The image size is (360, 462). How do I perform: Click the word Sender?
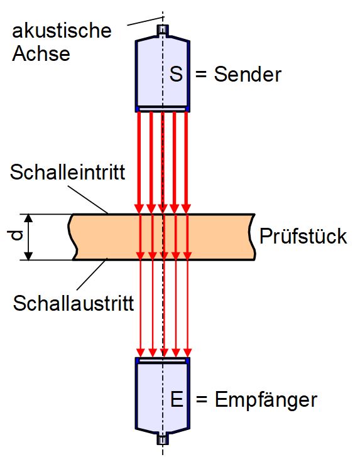point(248,74)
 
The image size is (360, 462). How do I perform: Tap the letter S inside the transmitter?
point(177,74)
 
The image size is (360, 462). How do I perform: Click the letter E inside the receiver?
point(177,399)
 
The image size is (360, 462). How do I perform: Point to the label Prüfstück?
point(303,236)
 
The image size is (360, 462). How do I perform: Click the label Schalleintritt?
point(67,172)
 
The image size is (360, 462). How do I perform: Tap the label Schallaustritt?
point(74,303)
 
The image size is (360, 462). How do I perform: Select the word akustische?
point(62,31)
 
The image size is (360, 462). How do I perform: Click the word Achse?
point(41,53)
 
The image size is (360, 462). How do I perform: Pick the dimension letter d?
point(15,236)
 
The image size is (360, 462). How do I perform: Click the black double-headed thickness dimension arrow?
point(28,237)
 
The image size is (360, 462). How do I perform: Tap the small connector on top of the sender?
point(163,30)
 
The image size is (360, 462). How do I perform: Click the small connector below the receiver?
point(163,439)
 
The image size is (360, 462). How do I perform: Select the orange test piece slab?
point(162,237)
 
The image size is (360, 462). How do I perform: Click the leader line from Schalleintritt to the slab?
point(88,199)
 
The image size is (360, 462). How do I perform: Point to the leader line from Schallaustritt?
point(92,274)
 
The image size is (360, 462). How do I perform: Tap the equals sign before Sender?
point(201,74)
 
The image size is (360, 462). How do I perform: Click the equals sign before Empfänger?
point(202,400)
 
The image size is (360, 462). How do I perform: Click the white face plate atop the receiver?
point(163,360)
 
